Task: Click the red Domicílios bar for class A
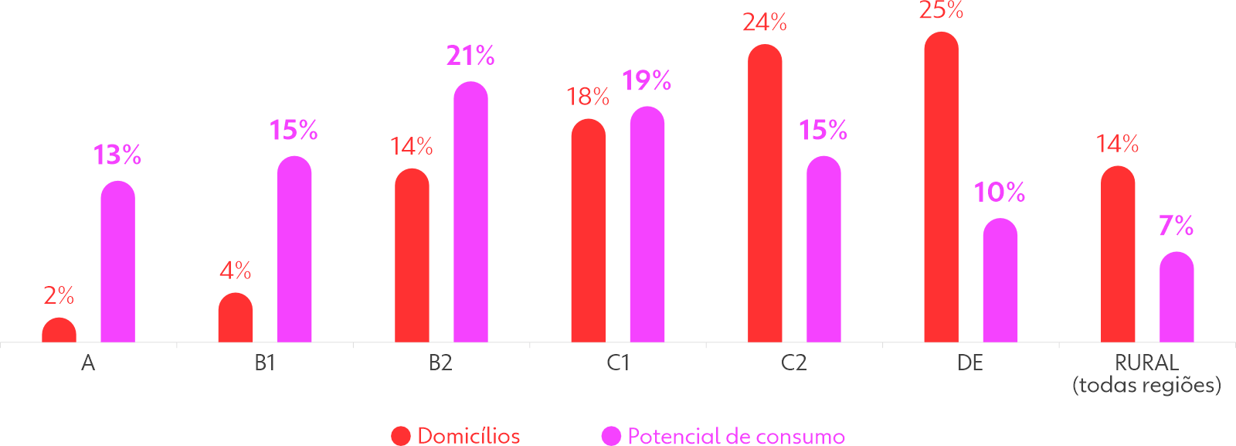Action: coord(59,330)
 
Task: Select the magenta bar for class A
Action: coord(117,263)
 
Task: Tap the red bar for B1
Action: coord(235,318)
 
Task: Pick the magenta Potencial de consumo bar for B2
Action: coord(470,213)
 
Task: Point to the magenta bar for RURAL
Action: coord(1177,298)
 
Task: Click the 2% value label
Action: coord(59,295)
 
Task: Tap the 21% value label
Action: coord(470,56)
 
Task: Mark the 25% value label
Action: coord(941,11)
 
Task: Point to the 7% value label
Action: coord(1176,226)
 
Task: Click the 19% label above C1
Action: coord(647,80)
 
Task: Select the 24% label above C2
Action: coord(765,23)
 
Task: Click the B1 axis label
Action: coord(265,363)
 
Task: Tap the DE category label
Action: coord(970,363)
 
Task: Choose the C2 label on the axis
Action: coord(794,363)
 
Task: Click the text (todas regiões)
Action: coord(1146,385)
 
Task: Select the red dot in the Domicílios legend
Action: coord(401,436)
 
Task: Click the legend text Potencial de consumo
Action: coord(735,436)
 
